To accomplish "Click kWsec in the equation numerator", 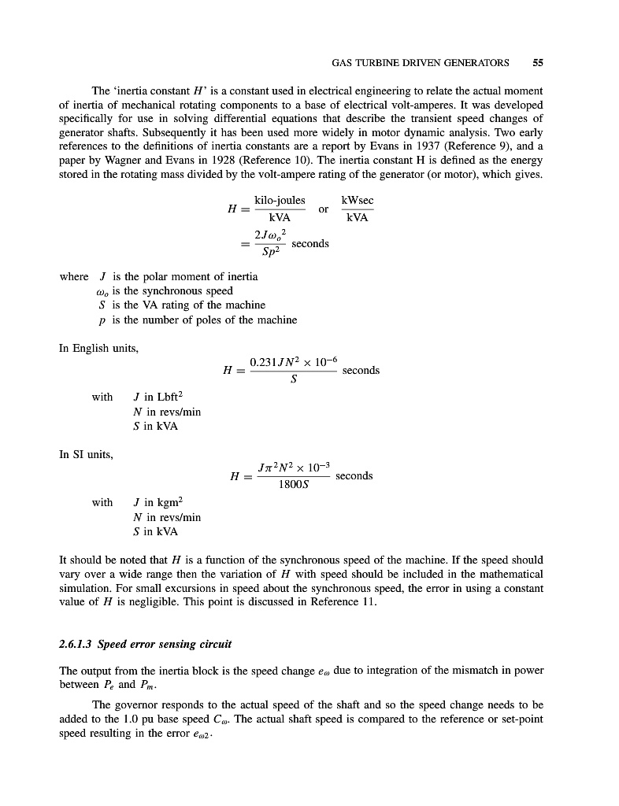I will tap(358, 201).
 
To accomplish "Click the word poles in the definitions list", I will tap(227, 320).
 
